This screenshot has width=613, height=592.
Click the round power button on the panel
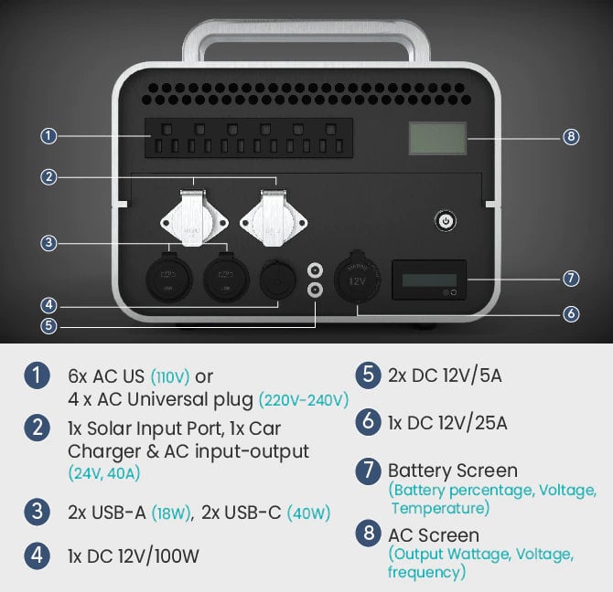coord(446,220)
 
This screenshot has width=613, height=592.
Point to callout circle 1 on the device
coord(49,136)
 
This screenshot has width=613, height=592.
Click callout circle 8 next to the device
coord(570,137)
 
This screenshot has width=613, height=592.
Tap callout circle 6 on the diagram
coord(570,313)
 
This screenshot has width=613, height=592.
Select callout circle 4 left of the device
coord(49,303)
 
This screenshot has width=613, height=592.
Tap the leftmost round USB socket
coord(168,278)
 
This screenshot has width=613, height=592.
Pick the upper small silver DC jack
coord(315,270)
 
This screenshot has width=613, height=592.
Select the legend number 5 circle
coord(368,375)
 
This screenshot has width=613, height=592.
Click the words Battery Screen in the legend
coord(453,470)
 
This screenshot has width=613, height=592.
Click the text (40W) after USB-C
coord(308,513)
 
